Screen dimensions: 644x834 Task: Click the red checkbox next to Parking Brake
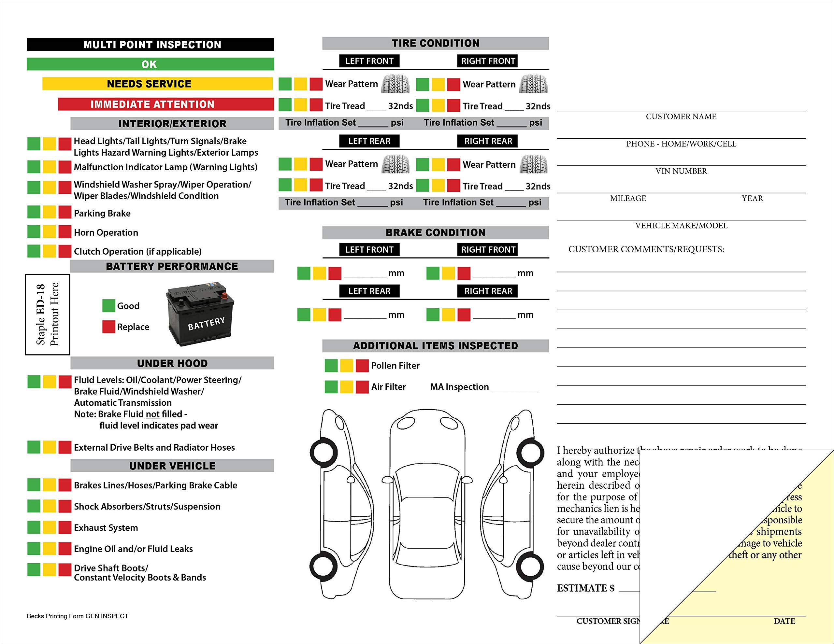click(x=65, y=212)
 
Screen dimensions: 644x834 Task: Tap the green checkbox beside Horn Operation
click(x=34, y=231)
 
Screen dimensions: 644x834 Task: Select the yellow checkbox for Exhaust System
click(x=49, y=527)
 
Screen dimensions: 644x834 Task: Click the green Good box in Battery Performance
click(x=108, y=305)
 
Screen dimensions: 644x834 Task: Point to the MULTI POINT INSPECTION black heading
click(x=151, y=44)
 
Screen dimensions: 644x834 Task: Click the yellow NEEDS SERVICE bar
click(x=157, y=84)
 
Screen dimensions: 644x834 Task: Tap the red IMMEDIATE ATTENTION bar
click(x=166, y=104)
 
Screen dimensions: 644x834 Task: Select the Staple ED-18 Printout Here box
click(x=47, y=314)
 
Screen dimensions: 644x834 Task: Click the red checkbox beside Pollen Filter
click(x=362, y=365)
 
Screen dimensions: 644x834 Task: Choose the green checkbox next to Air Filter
click(x=331, y=387)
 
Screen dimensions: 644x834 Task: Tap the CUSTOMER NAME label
click(x=681, y=117)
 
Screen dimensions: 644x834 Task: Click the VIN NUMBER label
click(x=681, y=171)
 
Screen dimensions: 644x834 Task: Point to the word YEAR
click(x=752, y=198)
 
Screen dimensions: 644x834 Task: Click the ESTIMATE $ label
click(x=585, y=588)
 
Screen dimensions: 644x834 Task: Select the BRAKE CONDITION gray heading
click(x=435, y=232)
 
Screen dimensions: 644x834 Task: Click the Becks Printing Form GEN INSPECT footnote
click(x=78, y=616)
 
